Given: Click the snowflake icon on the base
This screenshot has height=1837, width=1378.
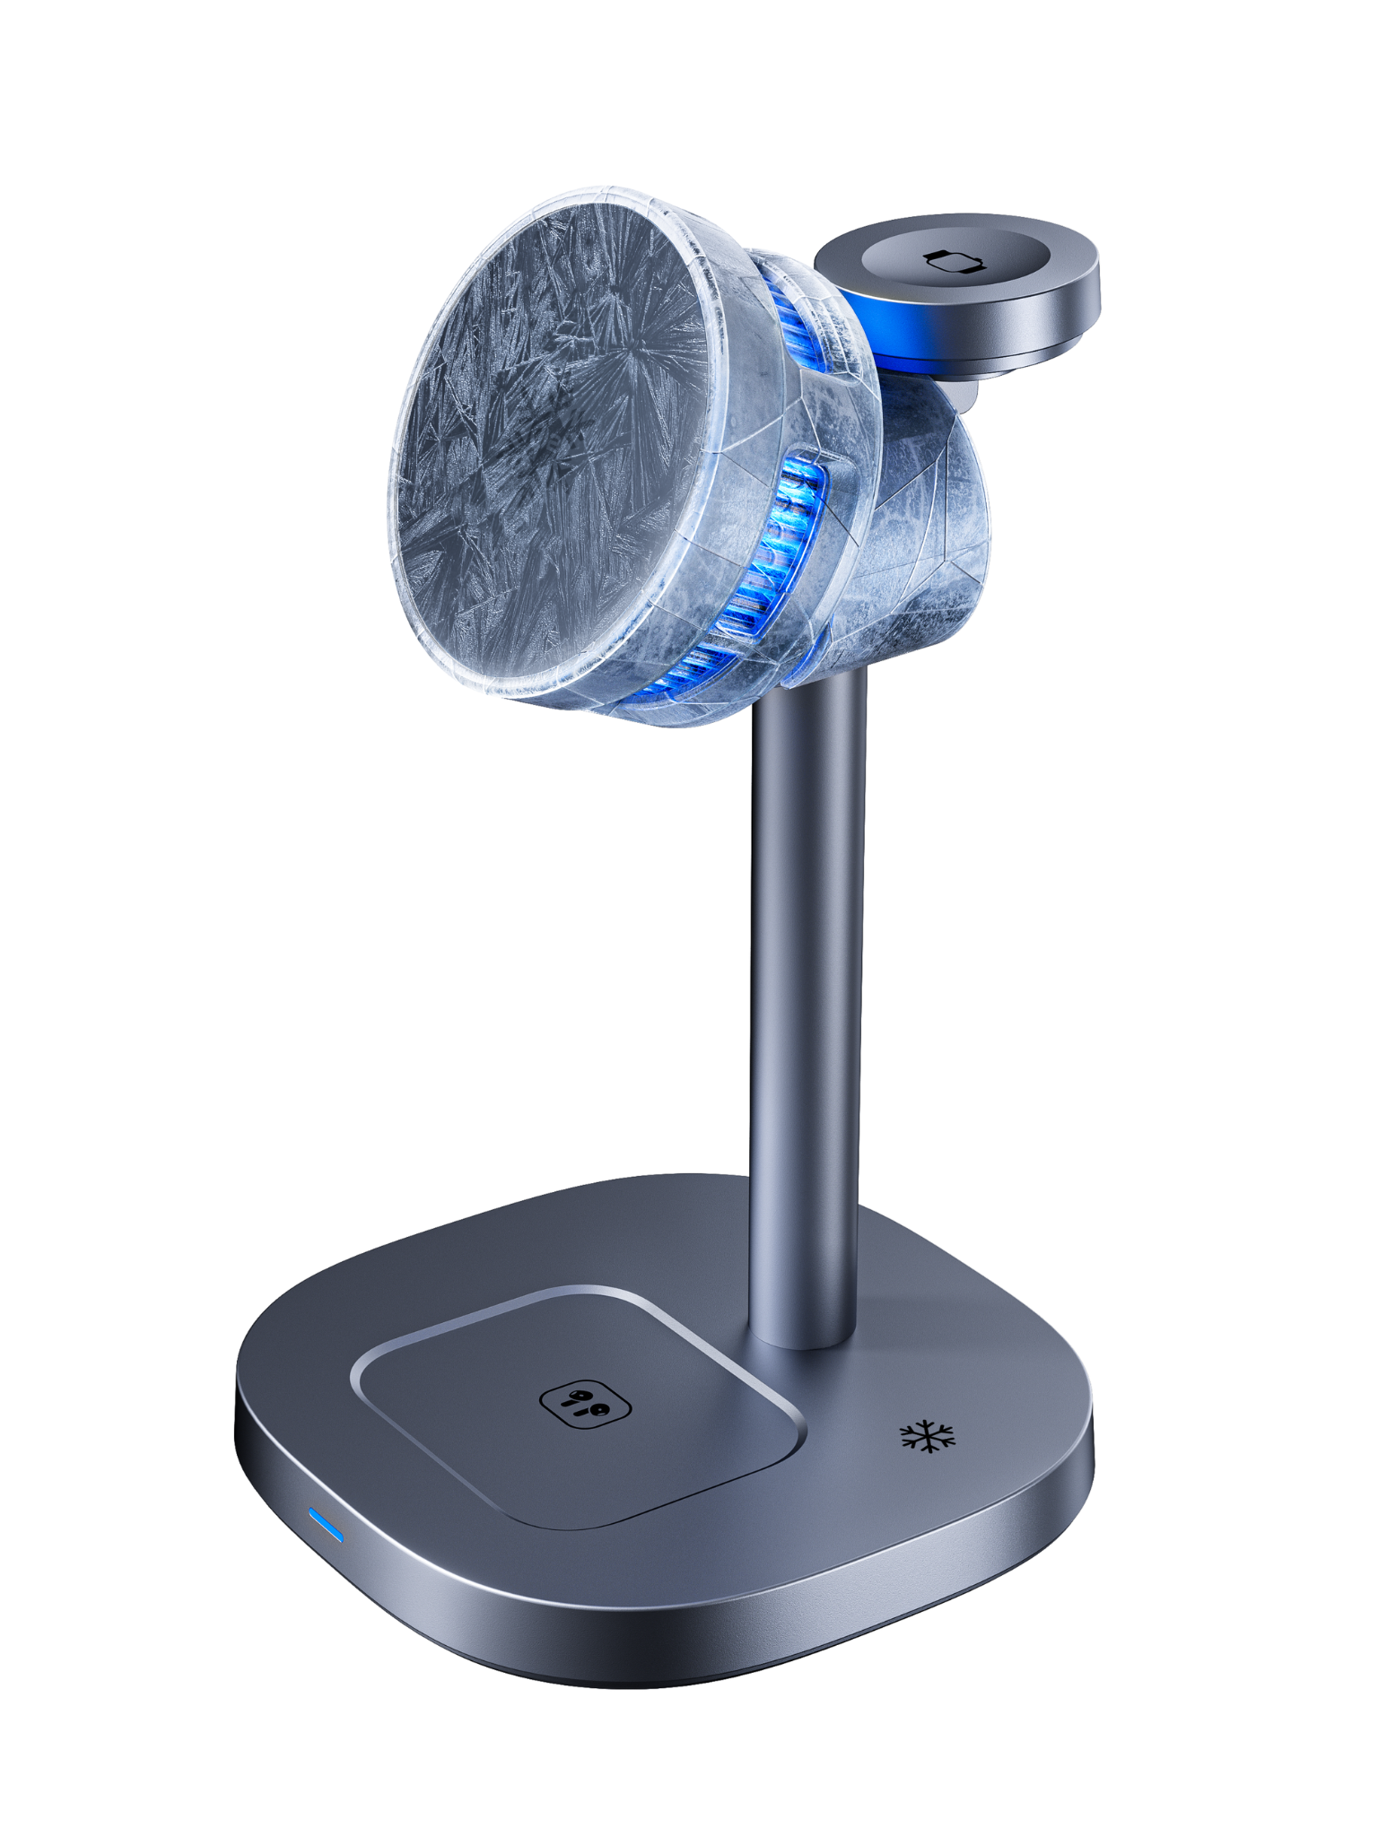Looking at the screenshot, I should coord(928,1435).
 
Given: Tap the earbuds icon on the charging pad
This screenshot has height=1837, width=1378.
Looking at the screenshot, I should coord(585,1402).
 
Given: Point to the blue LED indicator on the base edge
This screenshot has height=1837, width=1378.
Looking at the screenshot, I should coord(327,1524).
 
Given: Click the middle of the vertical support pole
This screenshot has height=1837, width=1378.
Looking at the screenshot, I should coord(806,1005).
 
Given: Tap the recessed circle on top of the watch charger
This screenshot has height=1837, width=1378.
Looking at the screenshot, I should coord(955,260).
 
